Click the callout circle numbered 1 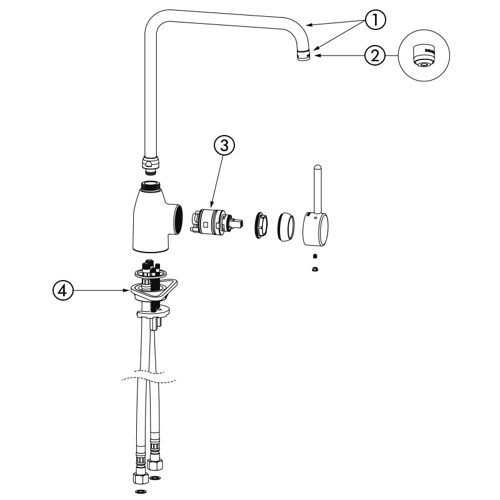point(376,20)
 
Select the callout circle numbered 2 point(376,56)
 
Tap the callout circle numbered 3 point(224,146)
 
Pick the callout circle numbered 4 point(63,291)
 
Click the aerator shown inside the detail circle point(424,56)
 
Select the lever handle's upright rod point(317,189)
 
